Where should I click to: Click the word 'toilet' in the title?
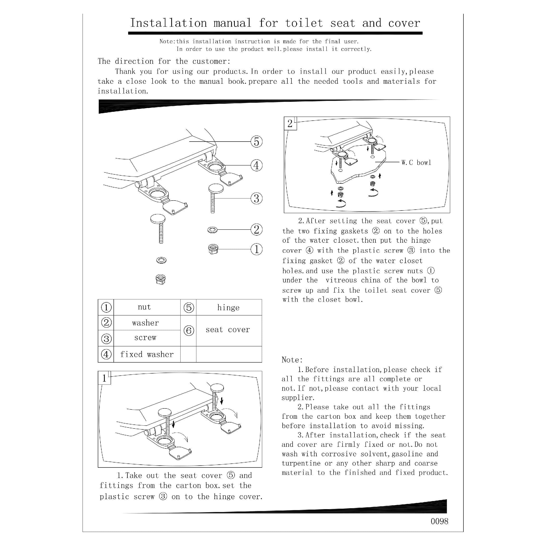(x=304, y=23)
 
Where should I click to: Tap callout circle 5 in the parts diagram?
(x=256, y=142)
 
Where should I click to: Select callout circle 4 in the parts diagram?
(x=256, y=165)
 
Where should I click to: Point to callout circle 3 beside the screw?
(x=256, y=198)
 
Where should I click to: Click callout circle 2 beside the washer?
(x=256, y=230)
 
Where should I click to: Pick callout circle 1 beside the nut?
(x=256, y=249)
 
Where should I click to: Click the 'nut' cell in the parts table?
(x=144, y=307)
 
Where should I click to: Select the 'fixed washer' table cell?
(x=147, y=354)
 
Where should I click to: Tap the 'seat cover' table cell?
(x=228, y=330)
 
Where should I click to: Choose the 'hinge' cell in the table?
(x=228, y=307)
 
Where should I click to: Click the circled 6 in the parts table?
(x=189, y=330)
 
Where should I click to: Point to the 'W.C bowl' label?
(x=416, y=163)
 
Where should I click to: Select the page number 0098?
(x=439, y=521)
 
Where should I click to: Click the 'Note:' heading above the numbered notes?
(x=292, y=360)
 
